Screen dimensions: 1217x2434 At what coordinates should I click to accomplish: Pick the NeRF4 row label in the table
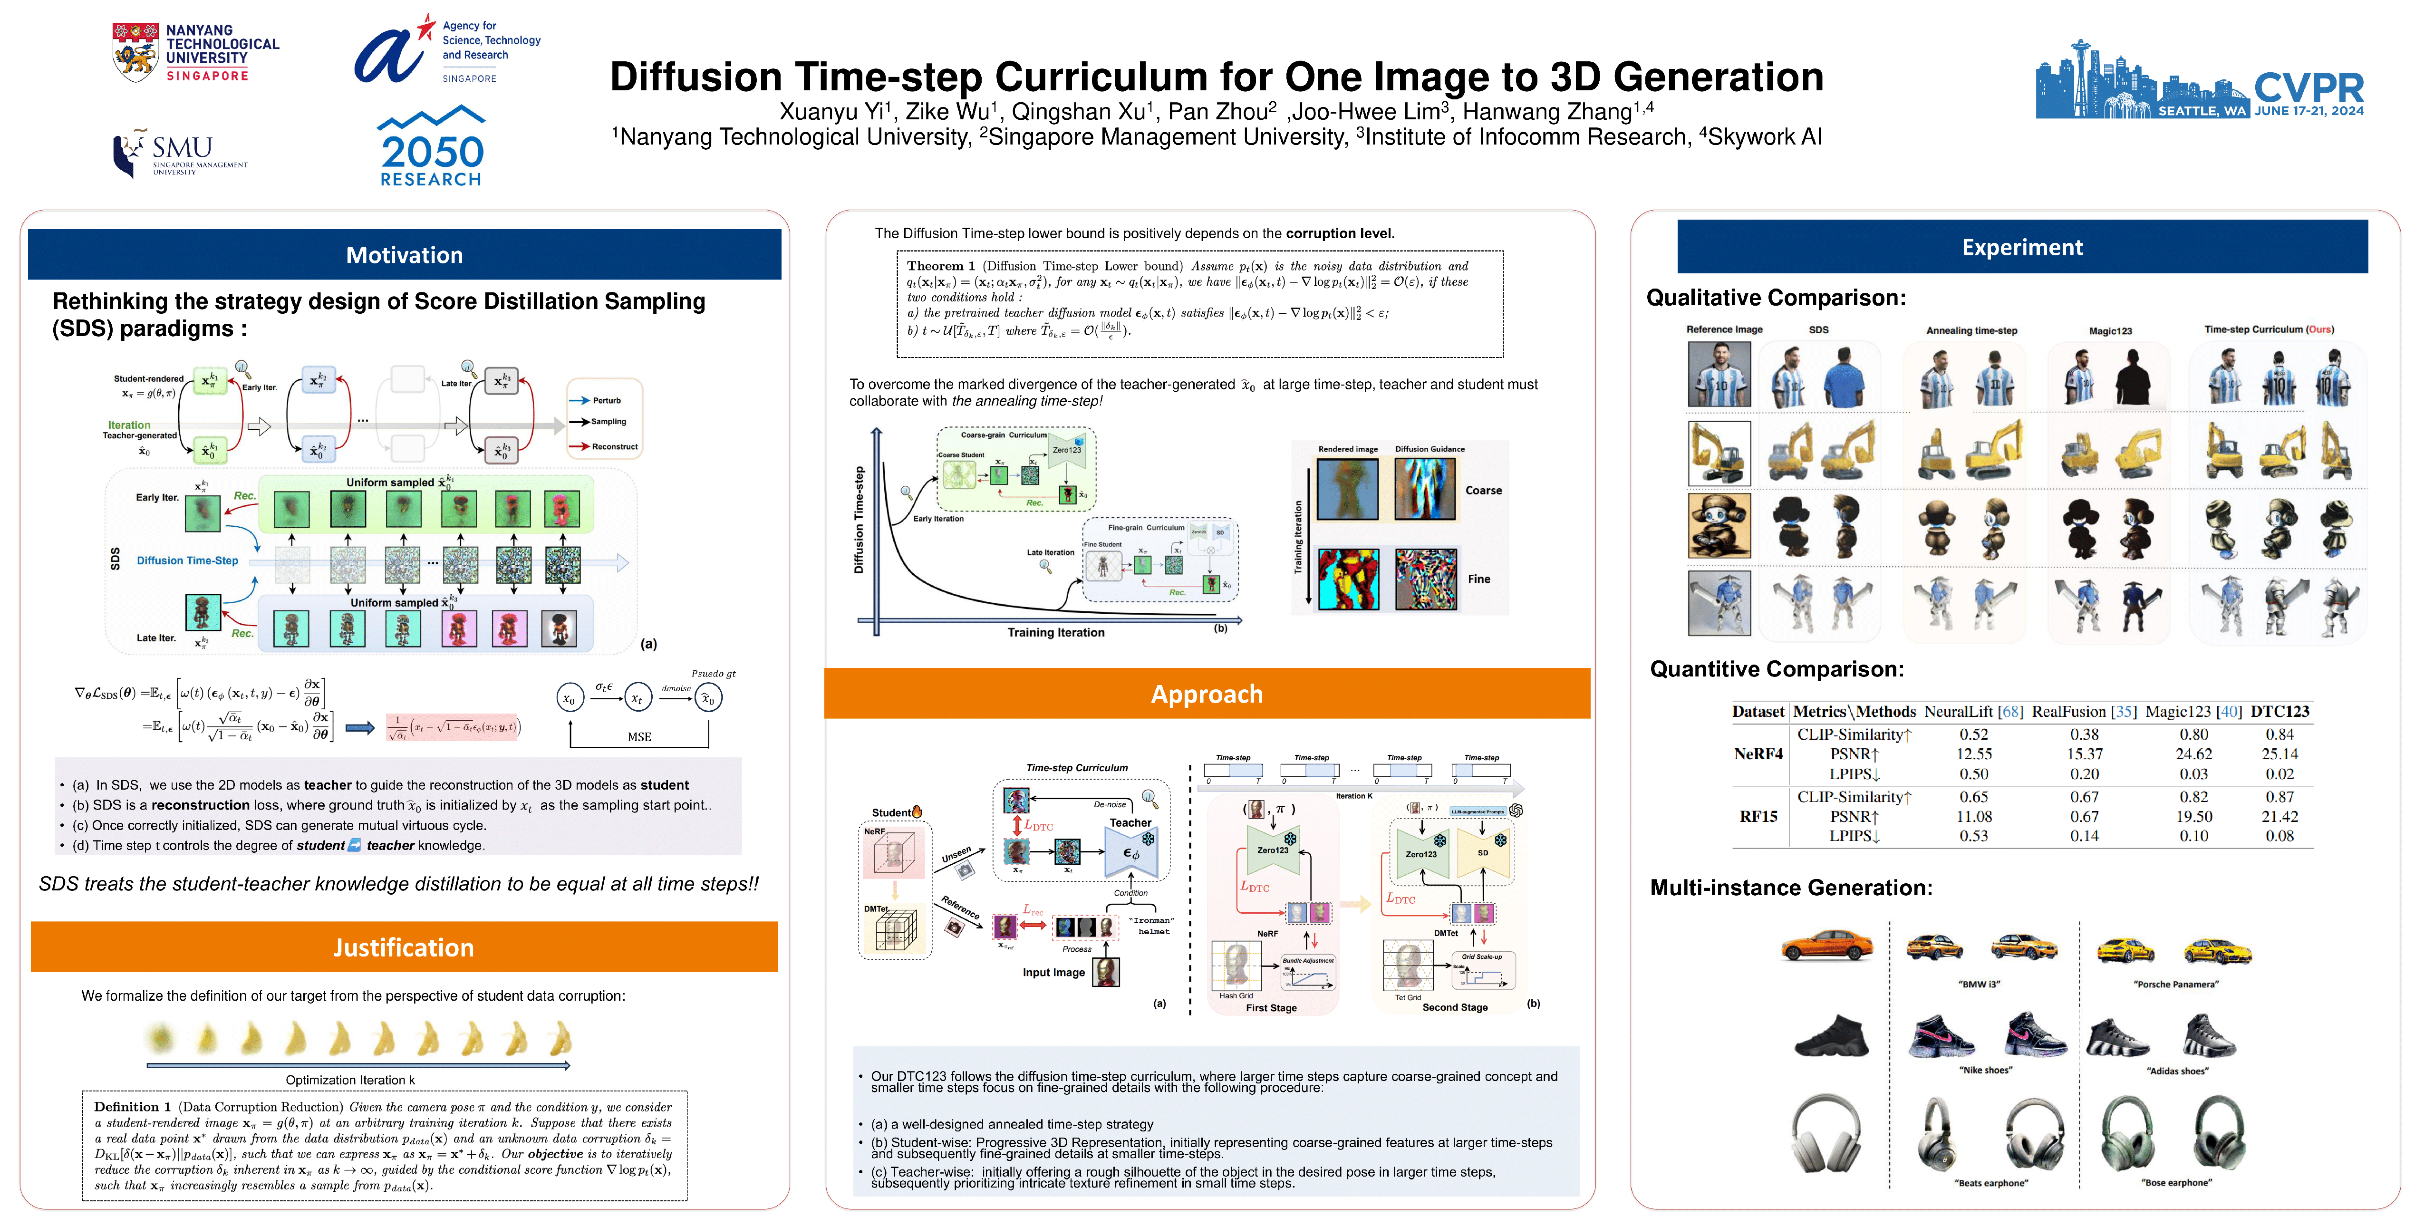1758,754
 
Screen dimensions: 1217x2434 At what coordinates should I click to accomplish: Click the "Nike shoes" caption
1985,1071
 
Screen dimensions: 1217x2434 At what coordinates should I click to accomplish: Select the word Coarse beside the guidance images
1483,491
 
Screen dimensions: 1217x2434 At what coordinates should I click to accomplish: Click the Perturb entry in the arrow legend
606,401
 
